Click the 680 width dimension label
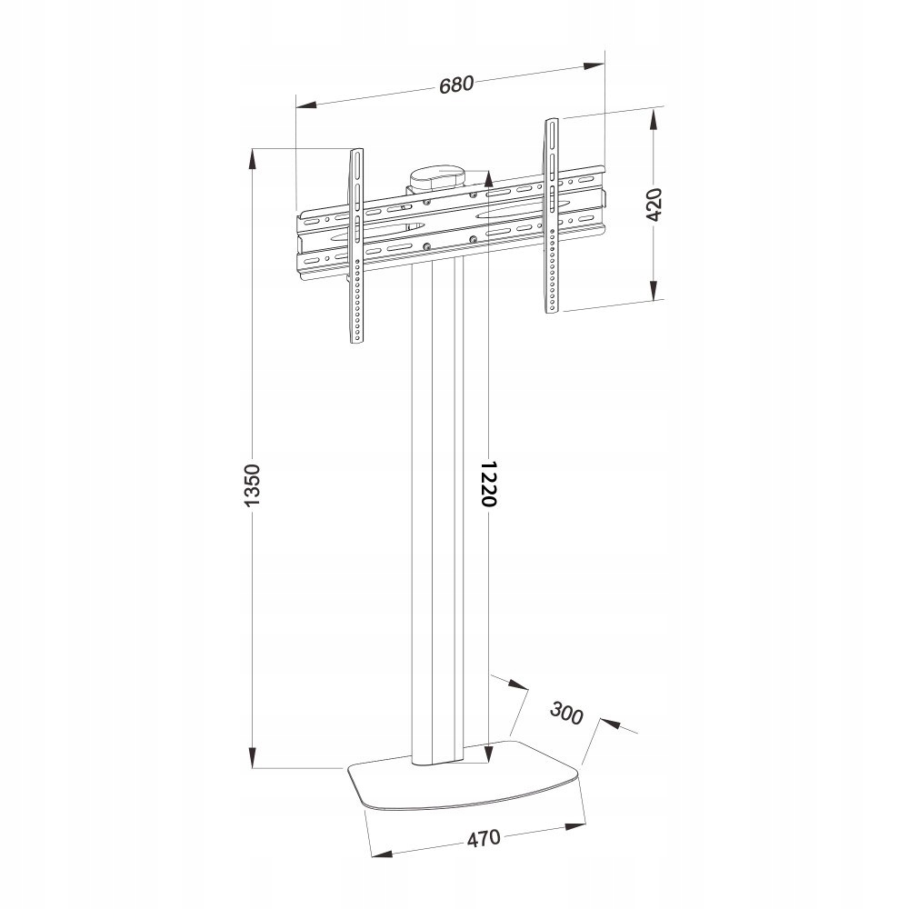pos(456,85)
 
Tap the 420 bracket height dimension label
pos(656,205)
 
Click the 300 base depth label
pos(565,714)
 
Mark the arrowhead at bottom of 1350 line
pos(254,759)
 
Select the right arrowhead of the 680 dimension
pos(594,65)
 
